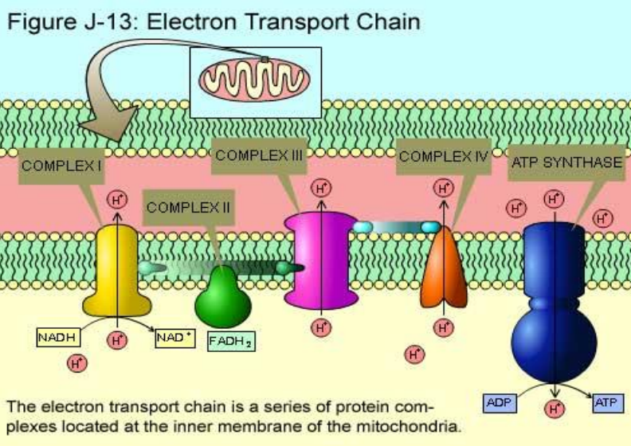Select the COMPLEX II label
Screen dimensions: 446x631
189,207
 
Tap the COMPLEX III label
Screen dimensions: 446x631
259,156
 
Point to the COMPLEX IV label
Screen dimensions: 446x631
443,156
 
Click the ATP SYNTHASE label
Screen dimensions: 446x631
566,162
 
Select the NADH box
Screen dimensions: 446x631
58,337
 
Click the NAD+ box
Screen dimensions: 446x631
174,337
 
